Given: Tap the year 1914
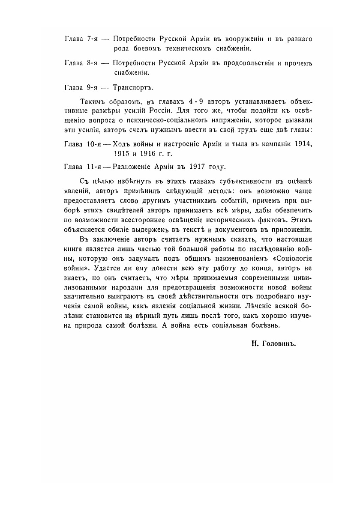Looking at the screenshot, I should (x=303, y=144).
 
